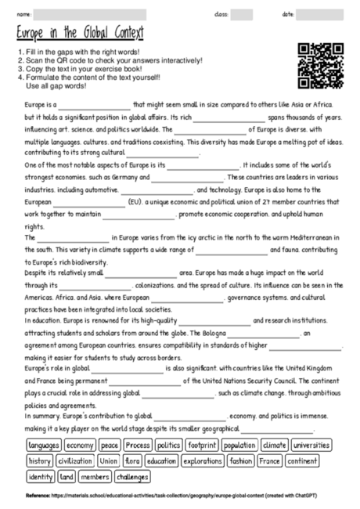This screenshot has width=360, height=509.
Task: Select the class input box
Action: coord(242,14)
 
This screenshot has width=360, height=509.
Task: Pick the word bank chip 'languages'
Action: coord(43,446)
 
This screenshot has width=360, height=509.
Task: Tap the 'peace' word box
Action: coord(109,446)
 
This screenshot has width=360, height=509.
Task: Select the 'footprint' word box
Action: coord(203,446)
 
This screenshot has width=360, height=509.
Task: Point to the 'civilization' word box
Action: coord(75,461)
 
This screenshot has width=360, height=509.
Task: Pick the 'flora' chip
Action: coord(131,461)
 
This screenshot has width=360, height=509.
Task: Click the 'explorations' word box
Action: coord(203,461)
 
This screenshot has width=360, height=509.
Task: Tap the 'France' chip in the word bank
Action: coord(270,461)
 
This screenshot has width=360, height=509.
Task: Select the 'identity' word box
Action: coord(39,477)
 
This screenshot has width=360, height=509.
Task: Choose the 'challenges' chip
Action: coord(132,477)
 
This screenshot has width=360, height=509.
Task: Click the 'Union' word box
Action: coord(109,461)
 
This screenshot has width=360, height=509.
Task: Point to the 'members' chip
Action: coord(95,477)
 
